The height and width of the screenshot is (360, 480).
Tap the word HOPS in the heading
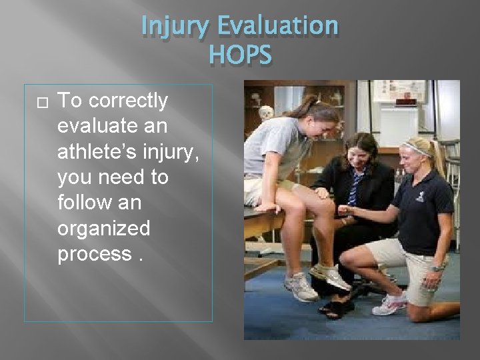tap(239, 55)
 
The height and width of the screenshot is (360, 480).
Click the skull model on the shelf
tap(265, 113)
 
